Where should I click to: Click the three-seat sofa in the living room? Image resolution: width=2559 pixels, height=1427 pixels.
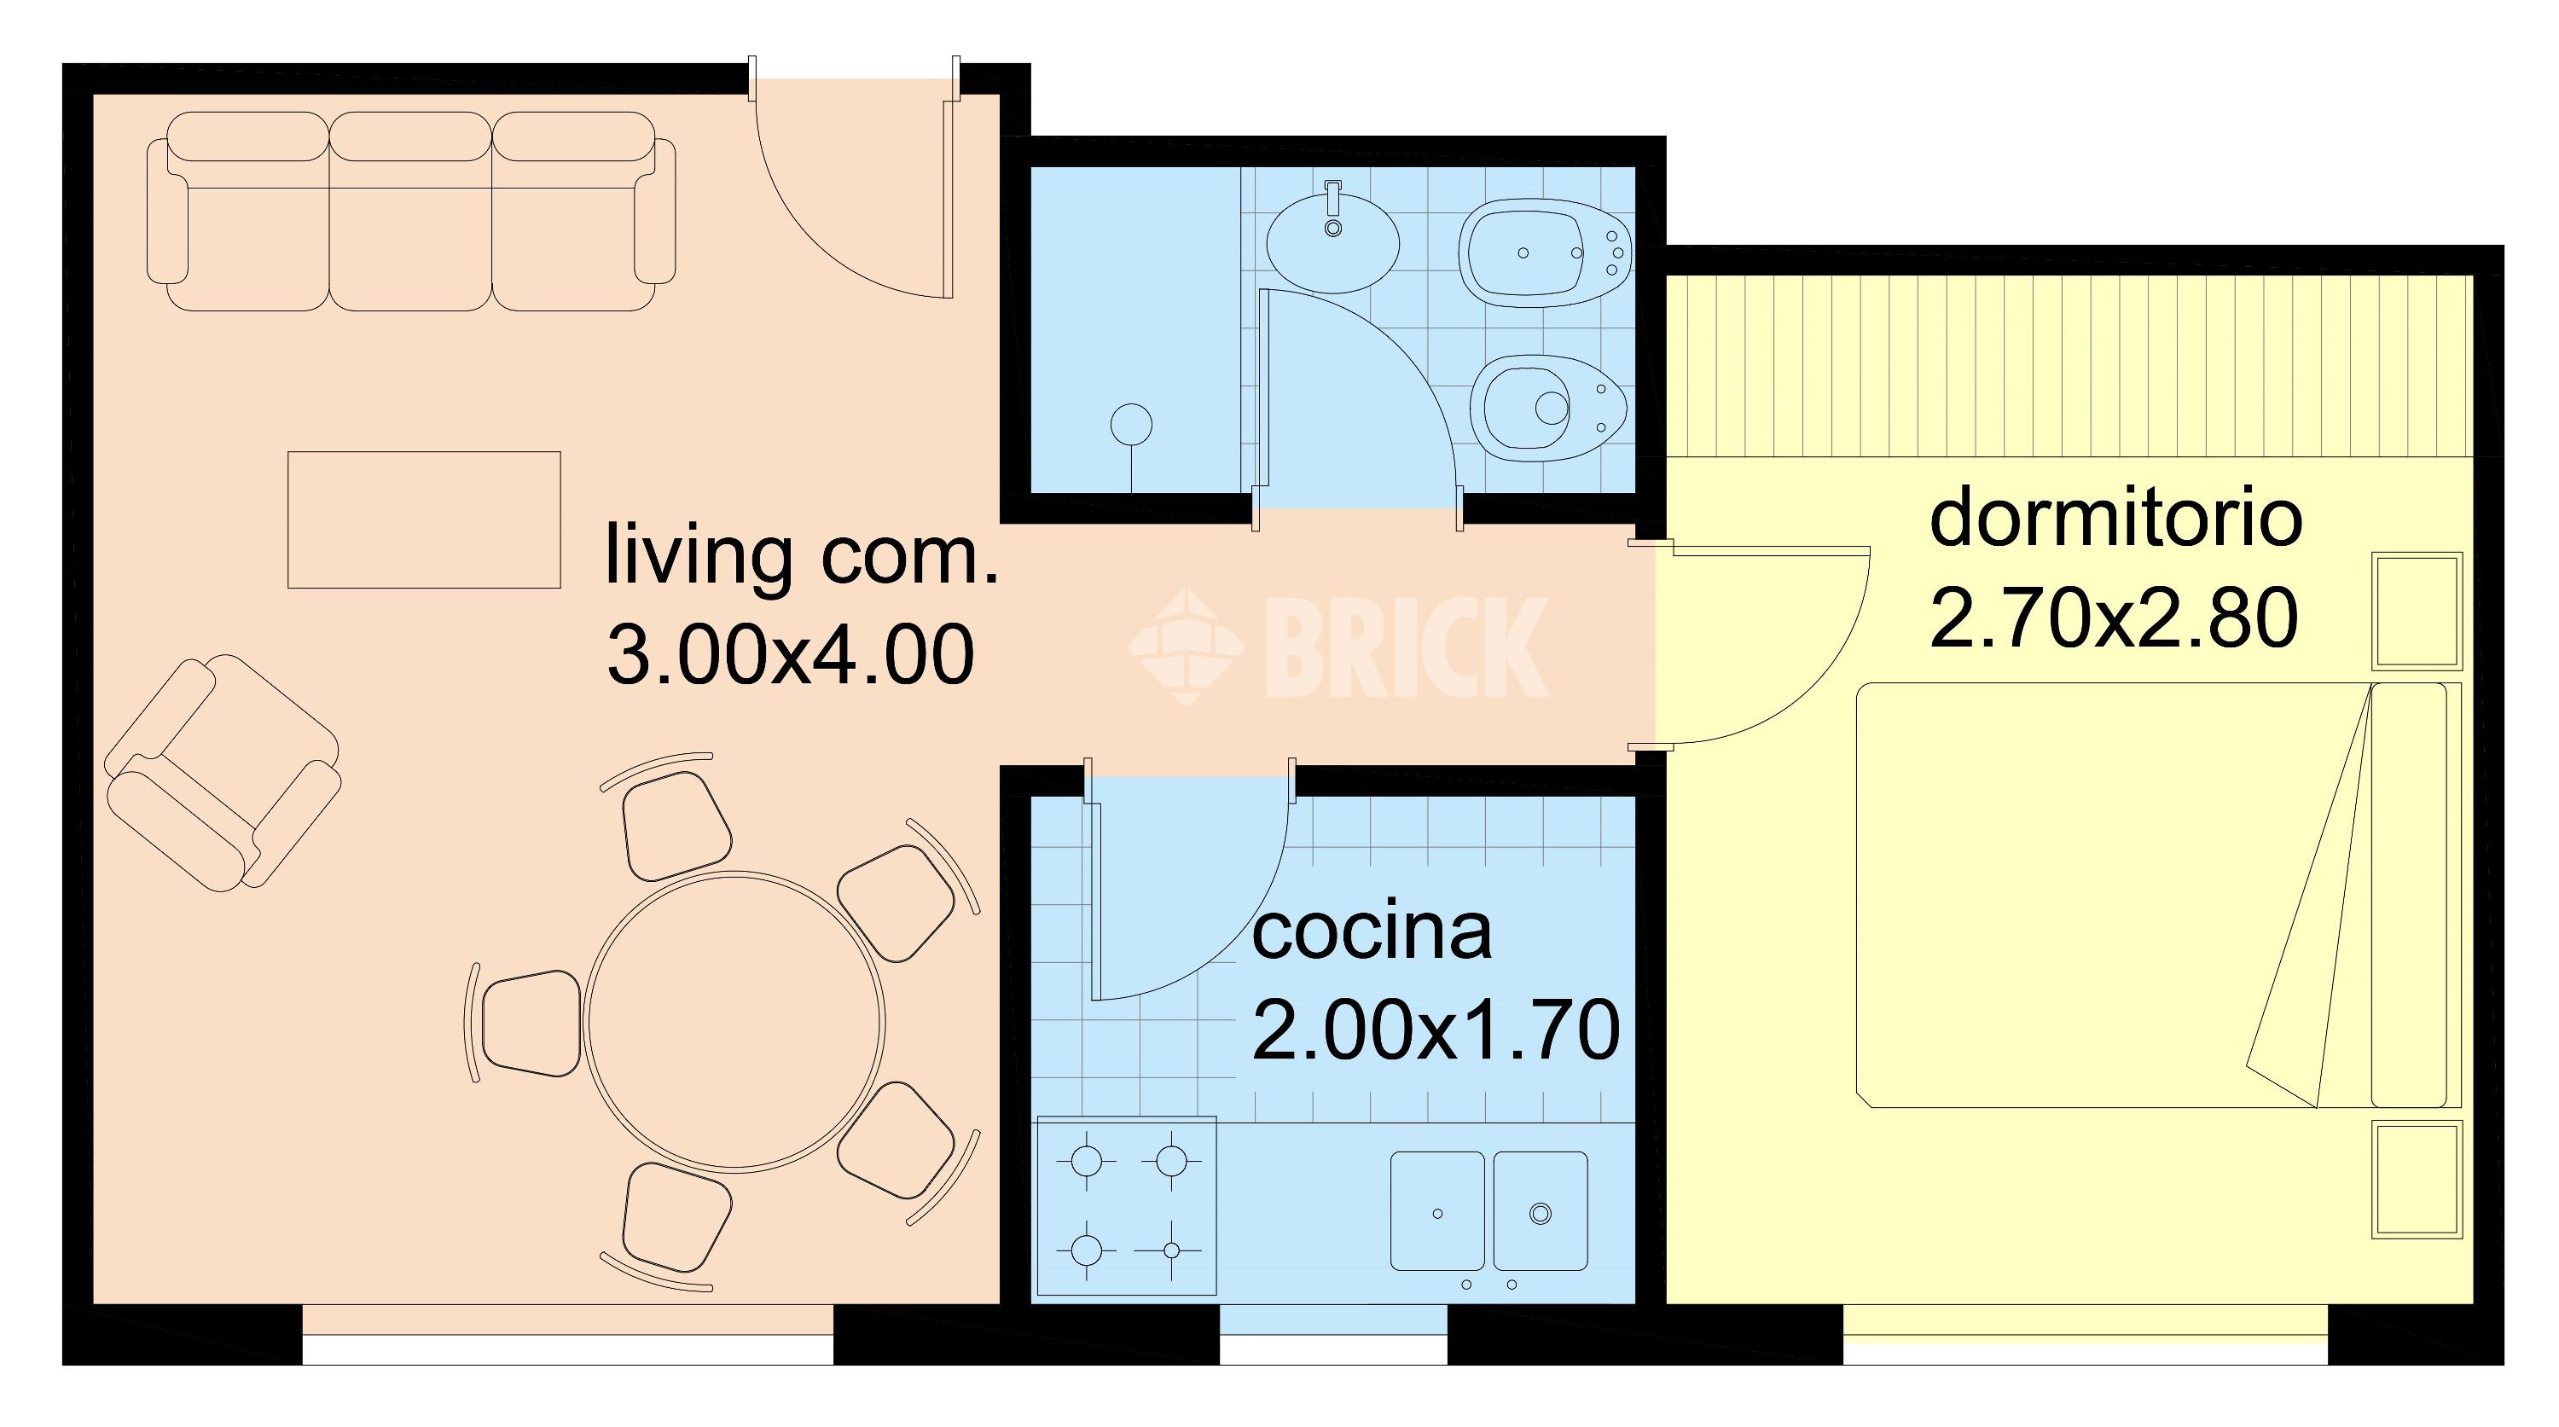tap(411, 211)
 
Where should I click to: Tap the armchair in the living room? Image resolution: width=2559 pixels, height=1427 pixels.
tap(223, 770)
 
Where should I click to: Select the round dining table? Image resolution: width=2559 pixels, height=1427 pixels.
tap(734, 1022)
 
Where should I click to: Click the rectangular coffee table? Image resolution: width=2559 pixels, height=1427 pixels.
tap(424, 519)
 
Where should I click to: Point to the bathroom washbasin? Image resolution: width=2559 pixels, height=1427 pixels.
tap(1333, 241)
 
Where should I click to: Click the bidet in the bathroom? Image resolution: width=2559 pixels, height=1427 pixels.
tap(1544, 252)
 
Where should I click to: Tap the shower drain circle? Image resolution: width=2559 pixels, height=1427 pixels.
tap(1131, 425)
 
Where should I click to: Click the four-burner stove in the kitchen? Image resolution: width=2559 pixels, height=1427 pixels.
tap(1127, 1205)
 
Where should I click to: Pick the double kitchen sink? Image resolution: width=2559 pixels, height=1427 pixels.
tap(1488, 1210)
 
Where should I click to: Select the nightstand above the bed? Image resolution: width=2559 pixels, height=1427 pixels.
tap(2417, 611)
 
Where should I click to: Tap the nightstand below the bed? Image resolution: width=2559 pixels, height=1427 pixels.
tap(2417, 1180)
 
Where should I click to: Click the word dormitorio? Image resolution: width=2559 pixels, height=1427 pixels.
tap(2116, 519)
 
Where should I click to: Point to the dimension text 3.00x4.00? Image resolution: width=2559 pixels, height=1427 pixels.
tap(791, 654)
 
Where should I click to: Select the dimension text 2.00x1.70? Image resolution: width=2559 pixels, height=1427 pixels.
tap(1436, 1030)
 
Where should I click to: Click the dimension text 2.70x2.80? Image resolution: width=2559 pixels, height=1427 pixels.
tap(2114, 618)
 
